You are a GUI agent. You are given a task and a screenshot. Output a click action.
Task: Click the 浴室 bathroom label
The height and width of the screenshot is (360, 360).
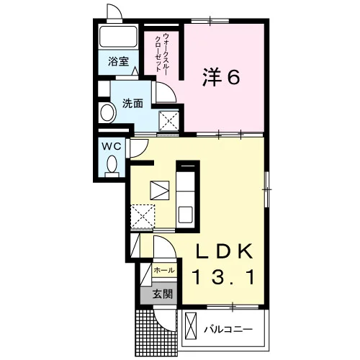tap(118, 61)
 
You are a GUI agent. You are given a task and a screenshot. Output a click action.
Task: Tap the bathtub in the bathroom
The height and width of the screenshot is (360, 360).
tap(118, 37)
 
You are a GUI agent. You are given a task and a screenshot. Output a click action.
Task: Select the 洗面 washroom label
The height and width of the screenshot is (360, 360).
tap(132, 103)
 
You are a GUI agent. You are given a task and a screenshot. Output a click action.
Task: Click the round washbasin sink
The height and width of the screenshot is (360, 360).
tap(107, 112)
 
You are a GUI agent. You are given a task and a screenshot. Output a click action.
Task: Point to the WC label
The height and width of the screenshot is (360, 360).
tap(112, 146)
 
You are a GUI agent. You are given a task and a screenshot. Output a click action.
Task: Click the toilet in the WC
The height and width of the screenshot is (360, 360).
tap(112, 166)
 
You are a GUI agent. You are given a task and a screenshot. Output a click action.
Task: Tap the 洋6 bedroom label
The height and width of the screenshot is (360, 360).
tap(221, 77)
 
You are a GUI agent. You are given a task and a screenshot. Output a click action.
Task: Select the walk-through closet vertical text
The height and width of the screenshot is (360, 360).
tap(162, 53)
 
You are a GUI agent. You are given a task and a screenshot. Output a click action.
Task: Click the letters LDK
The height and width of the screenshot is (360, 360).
tap(225, 251)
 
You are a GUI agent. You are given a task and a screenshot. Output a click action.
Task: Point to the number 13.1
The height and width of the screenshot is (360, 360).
tap(223, 277)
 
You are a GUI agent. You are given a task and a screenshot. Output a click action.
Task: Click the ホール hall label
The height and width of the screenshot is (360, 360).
tap(164, 270)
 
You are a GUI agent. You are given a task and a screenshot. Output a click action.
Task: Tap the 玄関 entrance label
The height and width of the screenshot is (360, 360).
tap(163, 294)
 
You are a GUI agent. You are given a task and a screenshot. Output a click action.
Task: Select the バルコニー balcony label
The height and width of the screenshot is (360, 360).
tap(228, 329)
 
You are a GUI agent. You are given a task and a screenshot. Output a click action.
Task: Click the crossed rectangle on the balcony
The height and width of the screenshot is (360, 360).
tap(191, 326)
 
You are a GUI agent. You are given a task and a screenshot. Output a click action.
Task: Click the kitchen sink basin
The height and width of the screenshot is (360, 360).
tap(186, 215)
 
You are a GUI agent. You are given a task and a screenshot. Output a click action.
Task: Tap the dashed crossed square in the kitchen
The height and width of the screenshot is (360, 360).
tap(143, 216)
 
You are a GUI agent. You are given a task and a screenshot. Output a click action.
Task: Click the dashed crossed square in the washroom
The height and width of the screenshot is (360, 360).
tap(169, 121)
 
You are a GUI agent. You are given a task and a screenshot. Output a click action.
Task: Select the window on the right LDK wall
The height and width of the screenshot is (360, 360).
tap(266, 189)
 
